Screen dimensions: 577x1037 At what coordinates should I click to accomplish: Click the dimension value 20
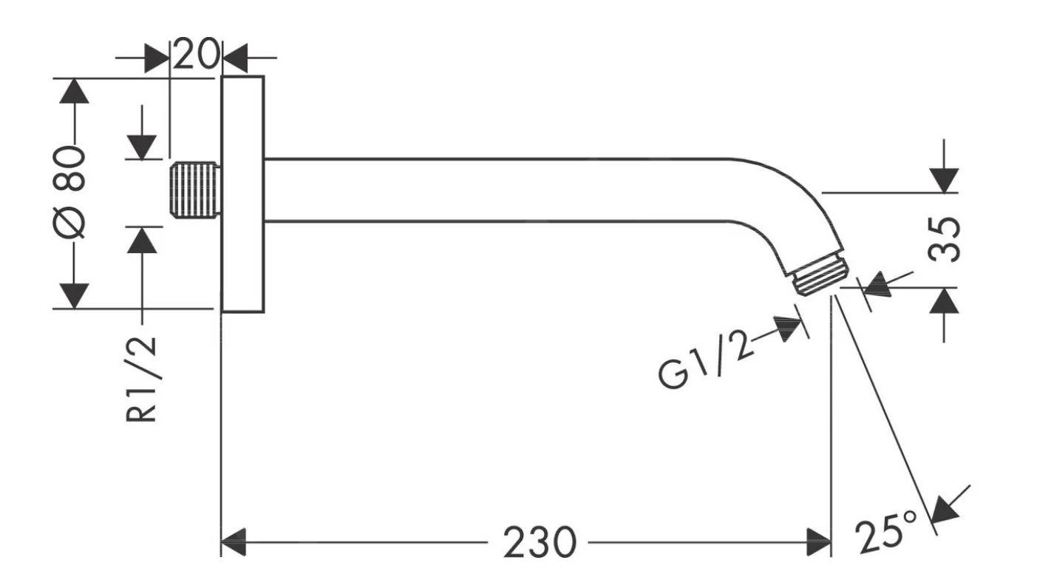[197, 54]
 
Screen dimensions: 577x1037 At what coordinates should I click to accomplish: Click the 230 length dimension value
[540, 543]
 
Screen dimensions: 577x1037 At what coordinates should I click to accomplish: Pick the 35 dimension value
[945, 238]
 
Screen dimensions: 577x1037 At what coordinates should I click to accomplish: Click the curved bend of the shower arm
[783, 200]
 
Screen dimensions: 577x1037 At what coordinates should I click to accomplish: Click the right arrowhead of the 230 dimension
[819, 542]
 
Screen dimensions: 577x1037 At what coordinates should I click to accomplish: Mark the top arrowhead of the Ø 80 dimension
[72, 92]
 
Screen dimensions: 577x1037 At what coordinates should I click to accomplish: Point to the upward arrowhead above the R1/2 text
[143, 240]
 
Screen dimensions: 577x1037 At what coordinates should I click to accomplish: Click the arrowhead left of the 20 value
[157, 57]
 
